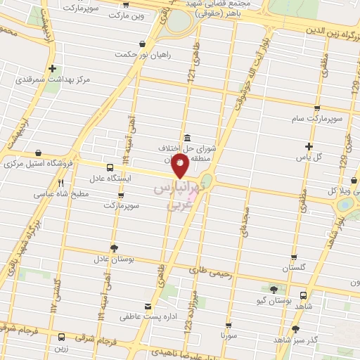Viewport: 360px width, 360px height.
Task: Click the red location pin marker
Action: (180, 166)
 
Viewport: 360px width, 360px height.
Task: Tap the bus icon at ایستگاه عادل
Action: (109, 167)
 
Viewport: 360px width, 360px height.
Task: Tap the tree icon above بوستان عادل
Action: (114, 247)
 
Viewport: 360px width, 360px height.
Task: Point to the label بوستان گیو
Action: (274, 300)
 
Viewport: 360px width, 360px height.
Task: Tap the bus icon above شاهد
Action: (303, 295)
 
